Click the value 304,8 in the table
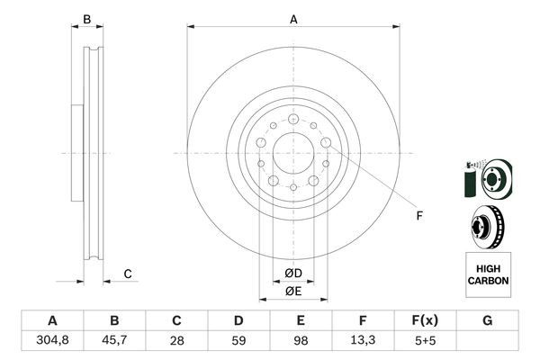[51, 340]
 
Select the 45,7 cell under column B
[114, 340]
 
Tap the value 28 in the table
[176, 340]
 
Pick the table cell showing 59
[238, 340]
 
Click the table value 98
[301, 340]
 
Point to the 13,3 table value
[363, 340]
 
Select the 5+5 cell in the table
[425, 340]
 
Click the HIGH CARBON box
[488, 275]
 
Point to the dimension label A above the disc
[293, 19]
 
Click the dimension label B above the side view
[87, 19]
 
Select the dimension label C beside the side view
[128, 274]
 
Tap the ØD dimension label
[293, 273]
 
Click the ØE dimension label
[293, 290]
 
